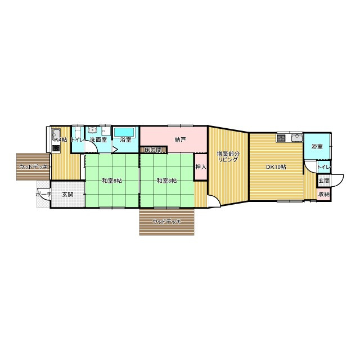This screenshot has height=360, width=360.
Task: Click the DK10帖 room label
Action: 276,167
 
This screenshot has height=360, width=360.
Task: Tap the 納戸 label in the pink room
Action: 180,139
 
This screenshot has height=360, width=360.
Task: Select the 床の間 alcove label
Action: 152,150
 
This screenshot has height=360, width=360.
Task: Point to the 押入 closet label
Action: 201,167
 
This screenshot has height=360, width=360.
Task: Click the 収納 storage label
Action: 324,195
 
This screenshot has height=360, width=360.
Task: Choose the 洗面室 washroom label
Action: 98,139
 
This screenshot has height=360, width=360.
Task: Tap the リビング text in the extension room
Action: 228,160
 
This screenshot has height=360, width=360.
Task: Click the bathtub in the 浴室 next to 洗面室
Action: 124,132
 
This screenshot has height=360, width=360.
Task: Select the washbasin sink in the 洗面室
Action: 92,130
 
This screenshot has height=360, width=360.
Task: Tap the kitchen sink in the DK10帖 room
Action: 297,138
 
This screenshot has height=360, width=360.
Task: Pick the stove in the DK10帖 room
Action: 281,138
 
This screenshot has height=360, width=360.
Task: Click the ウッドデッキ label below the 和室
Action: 167,222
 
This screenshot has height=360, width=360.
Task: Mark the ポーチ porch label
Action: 43,195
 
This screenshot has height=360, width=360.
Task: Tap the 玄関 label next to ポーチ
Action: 68,195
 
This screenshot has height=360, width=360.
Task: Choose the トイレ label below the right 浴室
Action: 324,167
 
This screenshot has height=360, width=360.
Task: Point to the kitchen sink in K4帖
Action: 56,134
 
